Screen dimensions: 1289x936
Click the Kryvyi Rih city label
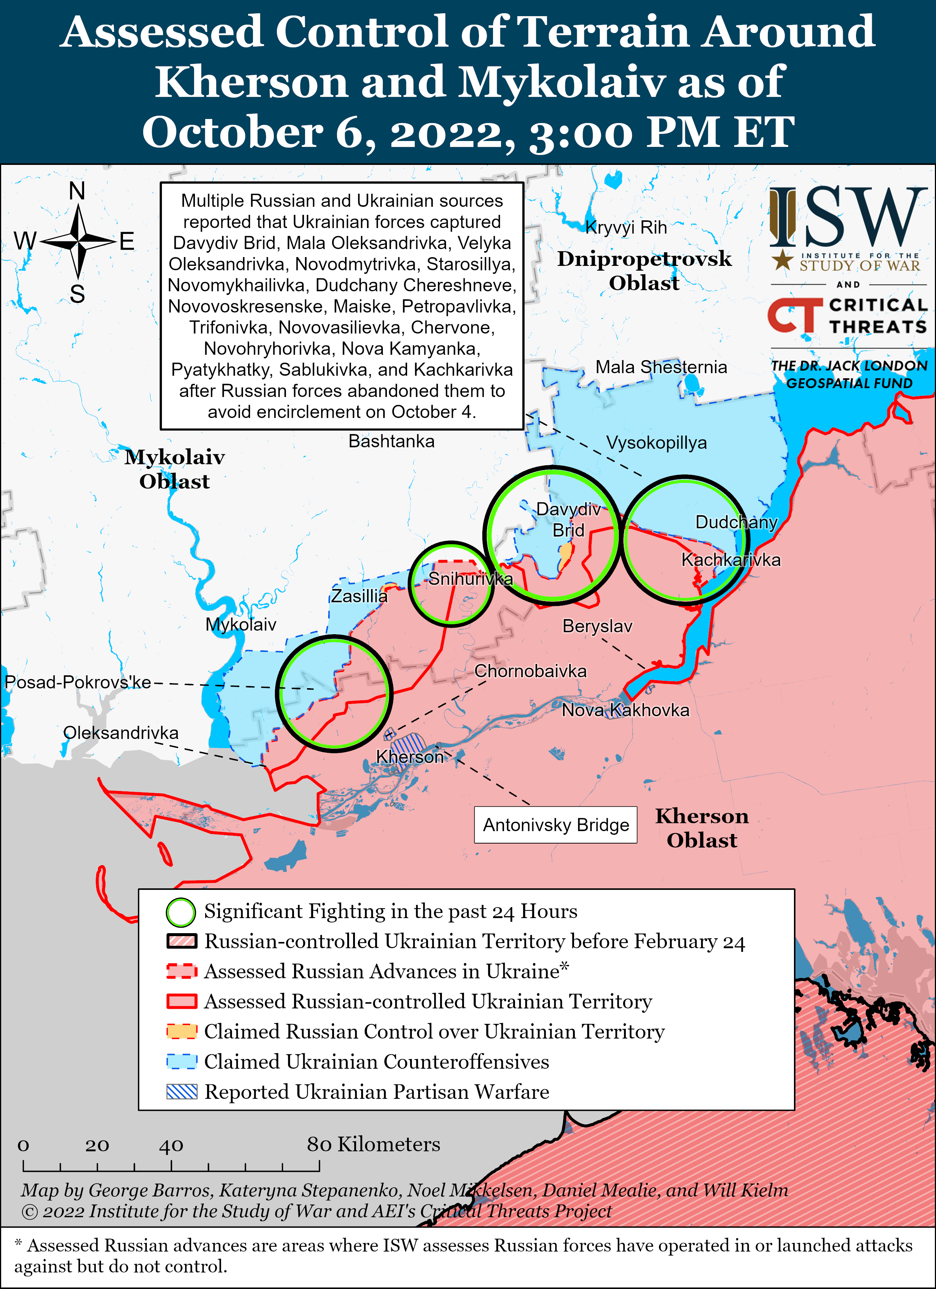626,227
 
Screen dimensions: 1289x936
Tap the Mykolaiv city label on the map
241,625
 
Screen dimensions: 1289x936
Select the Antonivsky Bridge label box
555,825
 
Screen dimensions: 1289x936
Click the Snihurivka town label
470,578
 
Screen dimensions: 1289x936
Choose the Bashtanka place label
391,441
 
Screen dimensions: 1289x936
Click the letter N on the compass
77,192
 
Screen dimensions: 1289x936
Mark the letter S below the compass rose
77,294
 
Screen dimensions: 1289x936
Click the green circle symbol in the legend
181,911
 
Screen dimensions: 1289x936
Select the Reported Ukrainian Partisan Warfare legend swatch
182,1092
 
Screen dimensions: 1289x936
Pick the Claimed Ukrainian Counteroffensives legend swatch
182,1062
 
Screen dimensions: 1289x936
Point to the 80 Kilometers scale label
373,1144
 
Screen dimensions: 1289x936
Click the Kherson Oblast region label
702,828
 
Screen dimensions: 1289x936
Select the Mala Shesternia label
661,367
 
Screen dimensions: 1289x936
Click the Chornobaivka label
530,671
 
